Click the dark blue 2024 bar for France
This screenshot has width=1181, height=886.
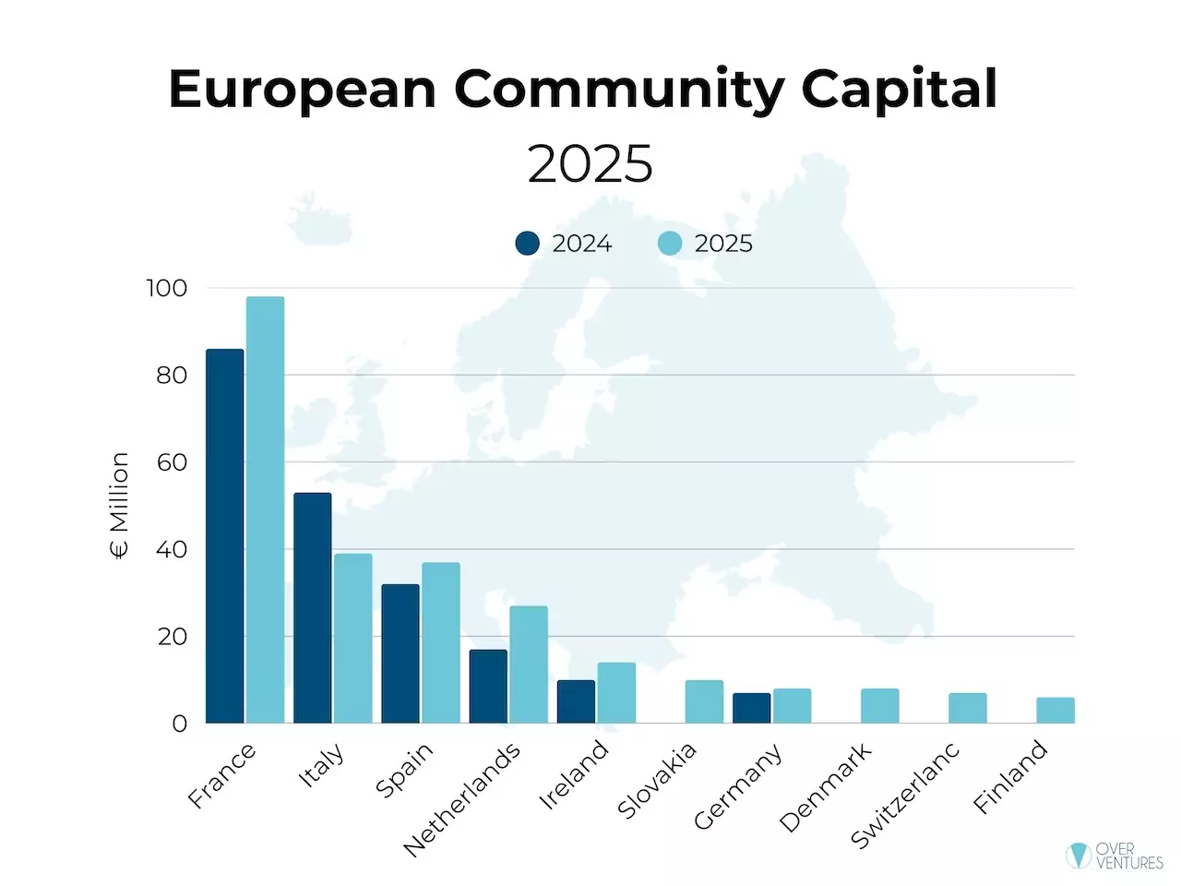(225, 536)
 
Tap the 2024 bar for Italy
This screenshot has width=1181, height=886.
(313, 608)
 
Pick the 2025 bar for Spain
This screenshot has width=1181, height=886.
(441, 643)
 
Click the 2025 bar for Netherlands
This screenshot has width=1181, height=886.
(529, 664)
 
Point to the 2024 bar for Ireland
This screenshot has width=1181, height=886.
(576, 701)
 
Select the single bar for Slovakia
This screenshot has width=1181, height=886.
(704, 701)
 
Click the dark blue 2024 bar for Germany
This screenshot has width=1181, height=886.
(751, 708)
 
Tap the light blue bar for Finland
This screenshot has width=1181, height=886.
(1056, 711)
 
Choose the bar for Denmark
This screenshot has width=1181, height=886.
(879, 706)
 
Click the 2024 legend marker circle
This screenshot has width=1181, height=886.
(527, 244)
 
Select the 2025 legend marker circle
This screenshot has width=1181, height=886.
(670, 244)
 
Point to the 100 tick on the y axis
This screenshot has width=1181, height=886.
(167, 288)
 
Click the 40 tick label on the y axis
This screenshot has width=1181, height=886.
(172, 549)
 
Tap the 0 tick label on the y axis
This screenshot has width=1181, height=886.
(179, 724)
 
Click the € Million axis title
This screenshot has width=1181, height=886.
(119, 506)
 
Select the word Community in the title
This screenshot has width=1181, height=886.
(617, 90)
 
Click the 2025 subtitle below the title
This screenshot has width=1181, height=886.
(590, 164)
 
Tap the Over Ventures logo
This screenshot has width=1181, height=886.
(1115, 856)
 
